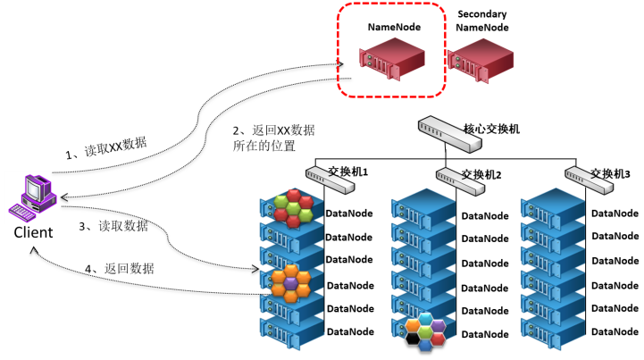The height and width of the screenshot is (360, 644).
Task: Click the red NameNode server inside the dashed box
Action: click(x=391, y=62)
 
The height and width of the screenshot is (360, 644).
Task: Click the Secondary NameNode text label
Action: click(x=482, y=21)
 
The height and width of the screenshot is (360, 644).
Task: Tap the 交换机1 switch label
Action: click(x=347, y=172)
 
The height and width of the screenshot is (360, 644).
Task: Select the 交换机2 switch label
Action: click(x=480, y=173)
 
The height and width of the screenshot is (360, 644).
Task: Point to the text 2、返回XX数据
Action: click(x=272, y=130)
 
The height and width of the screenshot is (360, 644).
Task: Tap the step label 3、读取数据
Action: click(x=113, y=227)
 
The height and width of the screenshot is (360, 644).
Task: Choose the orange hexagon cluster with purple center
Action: click(x=291, y=282)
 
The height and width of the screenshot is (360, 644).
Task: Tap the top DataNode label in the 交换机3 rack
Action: click(x=615, y=213)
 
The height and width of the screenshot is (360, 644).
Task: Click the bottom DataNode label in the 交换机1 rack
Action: click(x=349, y=331)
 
